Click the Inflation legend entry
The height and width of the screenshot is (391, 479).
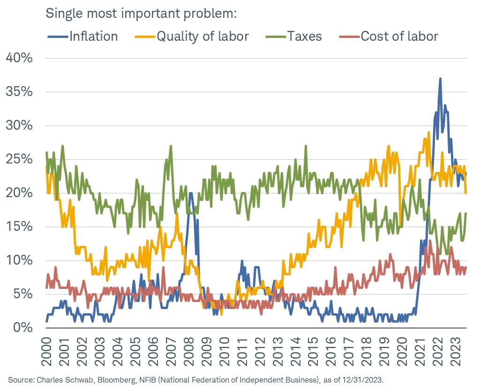[93, 36]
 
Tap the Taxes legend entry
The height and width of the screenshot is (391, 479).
[305, 36]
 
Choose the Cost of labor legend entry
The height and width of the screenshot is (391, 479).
[399, 36]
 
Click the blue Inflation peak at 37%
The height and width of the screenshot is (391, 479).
[440, 79]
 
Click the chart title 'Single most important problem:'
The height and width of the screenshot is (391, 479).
[141, 13]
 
